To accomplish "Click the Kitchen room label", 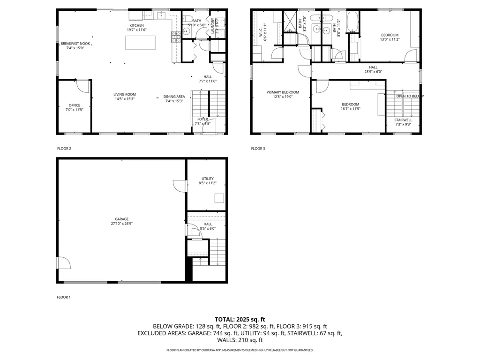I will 137,25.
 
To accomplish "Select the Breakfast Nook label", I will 75,44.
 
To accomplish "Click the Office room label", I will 74,105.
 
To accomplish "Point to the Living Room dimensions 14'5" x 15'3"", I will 124,99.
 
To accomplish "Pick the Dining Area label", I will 174,97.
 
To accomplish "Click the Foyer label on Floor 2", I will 202,119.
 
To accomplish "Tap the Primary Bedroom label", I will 283,92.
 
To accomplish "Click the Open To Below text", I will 410,96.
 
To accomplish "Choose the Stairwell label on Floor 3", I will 403,120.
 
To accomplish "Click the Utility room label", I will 208,179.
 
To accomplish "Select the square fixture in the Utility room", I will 219,198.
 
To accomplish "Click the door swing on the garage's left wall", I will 64,263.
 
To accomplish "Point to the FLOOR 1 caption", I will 64,297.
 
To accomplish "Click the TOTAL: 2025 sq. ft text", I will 240,319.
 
